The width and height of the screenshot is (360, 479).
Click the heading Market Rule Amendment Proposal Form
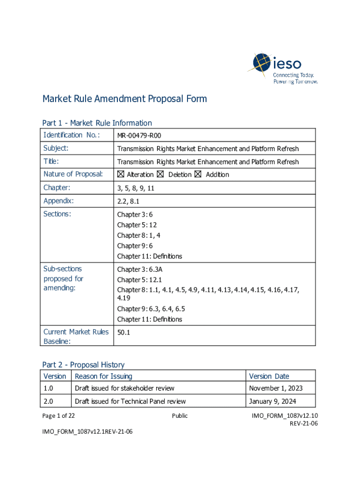click(124, 99)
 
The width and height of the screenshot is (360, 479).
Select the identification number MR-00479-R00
click(139, 136)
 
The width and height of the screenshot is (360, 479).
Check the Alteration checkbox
click(121, 174)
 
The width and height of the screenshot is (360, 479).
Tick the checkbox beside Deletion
click(160, 174)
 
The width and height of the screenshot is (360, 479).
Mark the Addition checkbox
click(198, 174)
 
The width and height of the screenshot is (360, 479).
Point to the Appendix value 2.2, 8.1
click(128, 201)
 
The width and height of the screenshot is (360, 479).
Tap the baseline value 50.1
click(124, 332)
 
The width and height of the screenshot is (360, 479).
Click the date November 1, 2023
click(275, 388)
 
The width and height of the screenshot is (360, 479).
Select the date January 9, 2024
click(273, 401)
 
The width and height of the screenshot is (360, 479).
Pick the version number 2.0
click(48, 401)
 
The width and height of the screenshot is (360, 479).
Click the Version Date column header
click(269, 376)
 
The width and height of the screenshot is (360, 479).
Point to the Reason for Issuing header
click(103, 376)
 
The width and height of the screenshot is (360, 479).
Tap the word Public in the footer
click(180, 415)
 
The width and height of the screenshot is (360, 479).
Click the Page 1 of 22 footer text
click(58, 415)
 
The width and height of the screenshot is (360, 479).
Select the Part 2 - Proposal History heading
click(83, 364)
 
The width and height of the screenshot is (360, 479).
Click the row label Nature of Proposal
click(73, 174)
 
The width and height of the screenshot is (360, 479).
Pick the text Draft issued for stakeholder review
click(124, 388)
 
